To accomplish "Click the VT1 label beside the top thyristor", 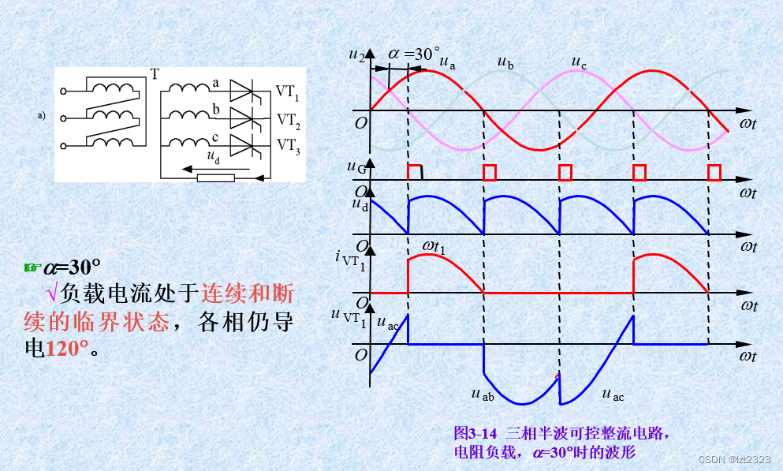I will point(288,92).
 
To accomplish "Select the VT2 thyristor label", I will point(288,120).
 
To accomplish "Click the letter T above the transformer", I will point(155,74).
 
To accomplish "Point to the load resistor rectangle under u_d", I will point(215,177).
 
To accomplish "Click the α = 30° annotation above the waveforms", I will point(413,54).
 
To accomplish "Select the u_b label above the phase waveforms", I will point(505,63).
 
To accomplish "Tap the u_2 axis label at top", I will point(356,56).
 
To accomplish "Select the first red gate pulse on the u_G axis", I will point(414,172).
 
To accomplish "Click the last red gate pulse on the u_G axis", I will point(714,172).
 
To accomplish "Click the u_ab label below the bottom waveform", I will point(483,394).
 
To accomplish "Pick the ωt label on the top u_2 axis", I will point(748,125).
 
